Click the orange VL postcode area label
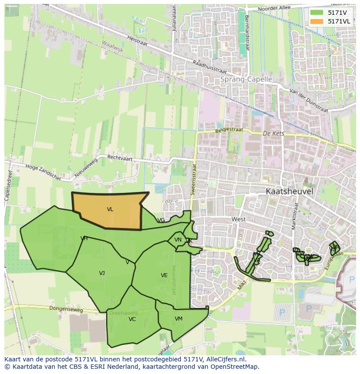point(110,209)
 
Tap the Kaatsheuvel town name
point(289,191)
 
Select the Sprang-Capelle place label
point(246,79)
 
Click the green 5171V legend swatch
point(317,13)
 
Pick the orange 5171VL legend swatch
point(317,21)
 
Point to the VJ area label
point(102,273)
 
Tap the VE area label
point(164,275)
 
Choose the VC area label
point(132,319)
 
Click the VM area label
point(179,319)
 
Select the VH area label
point(84,238)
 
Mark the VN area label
point(178,240)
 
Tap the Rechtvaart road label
point(119,157)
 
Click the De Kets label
point(273,133)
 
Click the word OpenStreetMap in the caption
point(235,367)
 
